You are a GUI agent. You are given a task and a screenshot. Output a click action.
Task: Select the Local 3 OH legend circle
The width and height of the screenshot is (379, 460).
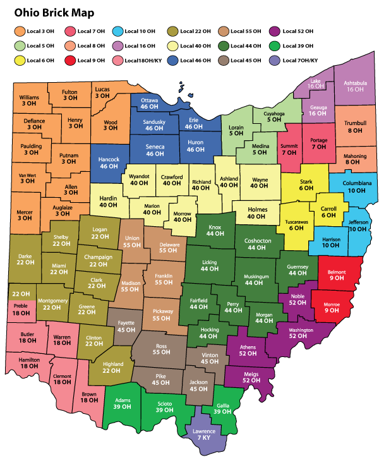coord(20,31)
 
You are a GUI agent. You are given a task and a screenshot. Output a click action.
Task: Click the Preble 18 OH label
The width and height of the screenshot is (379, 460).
coord(21,309)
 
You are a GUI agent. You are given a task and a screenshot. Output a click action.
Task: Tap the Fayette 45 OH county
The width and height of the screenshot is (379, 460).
coord(125,326)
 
